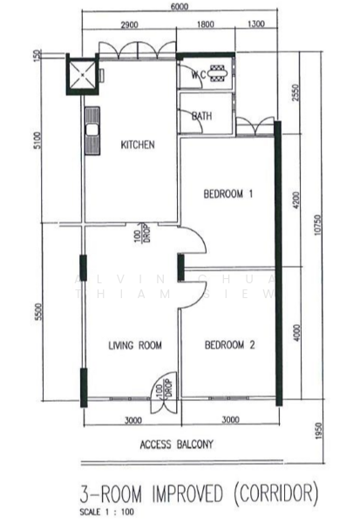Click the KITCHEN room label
pos(138,145)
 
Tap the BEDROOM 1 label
pos(228,194)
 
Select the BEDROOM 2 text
pos(229,346)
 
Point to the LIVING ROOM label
pos(135,346)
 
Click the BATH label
pos(201,115)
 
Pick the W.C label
pos(198,75)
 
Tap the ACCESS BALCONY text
pos(177,444)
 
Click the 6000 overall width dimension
pos(179,7)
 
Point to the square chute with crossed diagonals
pos(84,76)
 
